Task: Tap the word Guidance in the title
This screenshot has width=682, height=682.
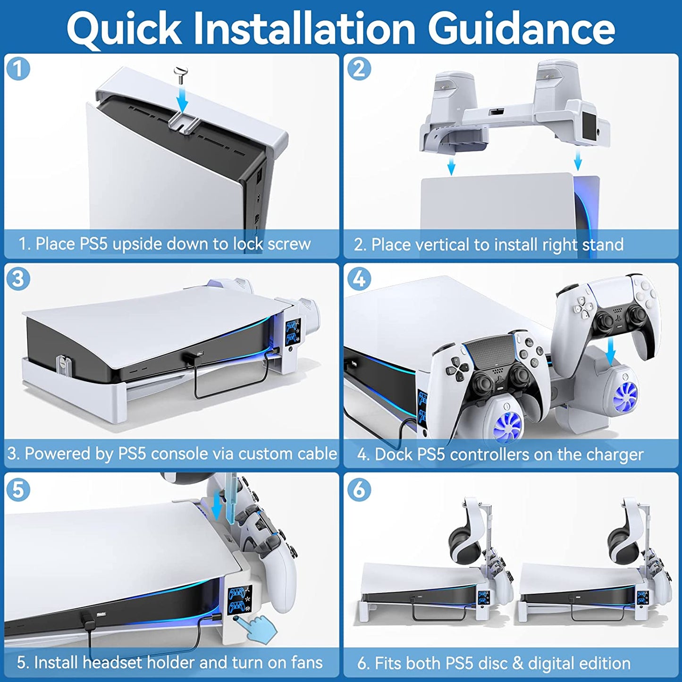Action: pos(523,29)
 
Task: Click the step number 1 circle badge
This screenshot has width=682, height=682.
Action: pos(18,69)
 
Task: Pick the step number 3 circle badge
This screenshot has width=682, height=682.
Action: pos(18,279)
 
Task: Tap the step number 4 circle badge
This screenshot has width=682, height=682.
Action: pos(359,279)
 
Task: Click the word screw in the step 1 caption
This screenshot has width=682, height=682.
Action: pos(289,244)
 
